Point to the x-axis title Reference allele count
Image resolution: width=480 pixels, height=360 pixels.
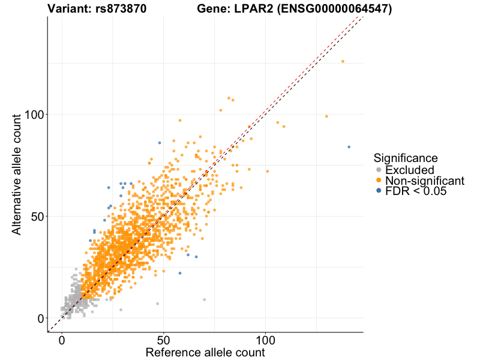(x=205, y=352)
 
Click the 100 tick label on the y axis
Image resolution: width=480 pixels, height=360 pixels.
(x=32, y=114)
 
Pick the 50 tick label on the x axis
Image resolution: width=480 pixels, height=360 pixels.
(x=164, y=339)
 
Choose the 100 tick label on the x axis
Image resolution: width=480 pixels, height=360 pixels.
(x=266, y=339)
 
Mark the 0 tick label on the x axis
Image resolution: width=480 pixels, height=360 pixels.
(x=62, y=339)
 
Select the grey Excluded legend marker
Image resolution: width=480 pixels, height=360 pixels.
(x=378, y=170)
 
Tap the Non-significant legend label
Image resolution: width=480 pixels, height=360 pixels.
(x=425, y=181)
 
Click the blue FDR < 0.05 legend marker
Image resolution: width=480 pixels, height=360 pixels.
(x=378, y=191)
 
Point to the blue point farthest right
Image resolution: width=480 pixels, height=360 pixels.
(x=349, y=147)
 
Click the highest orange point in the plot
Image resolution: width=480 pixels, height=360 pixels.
(x=343, y=61)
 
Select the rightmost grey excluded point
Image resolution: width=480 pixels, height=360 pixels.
(x=204, y=299)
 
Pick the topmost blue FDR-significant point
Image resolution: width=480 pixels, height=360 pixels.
(x=159, y=143)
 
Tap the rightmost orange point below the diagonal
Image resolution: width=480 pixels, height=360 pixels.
(x=326, y=116)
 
